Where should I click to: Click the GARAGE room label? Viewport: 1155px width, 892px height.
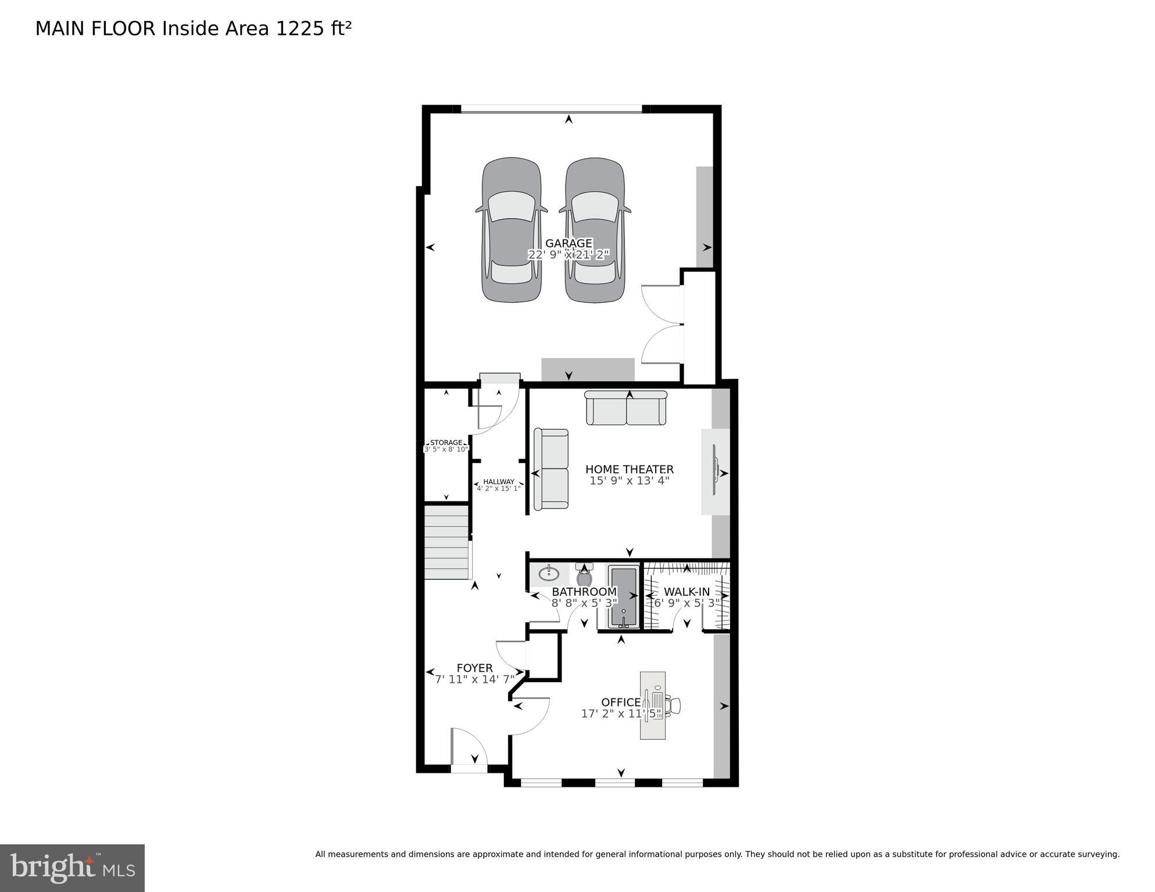(x=568, y=243)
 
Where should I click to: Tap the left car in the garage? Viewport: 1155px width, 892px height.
(x=511, y=230)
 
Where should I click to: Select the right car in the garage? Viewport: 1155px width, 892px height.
(x=594, y=230)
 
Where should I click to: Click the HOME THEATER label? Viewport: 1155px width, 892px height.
(x=629, y=469)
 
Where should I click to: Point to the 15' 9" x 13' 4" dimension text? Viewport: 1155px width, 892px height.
(x=629, y=481)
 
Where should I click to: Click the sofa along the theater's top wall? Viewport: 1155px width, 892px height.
(x=625, y=409)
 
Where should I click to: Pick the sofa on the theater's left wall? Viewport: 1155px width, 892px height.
(x=551, y=468)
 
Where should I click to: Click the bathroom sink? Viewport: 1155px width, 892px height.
(x=549, y=574)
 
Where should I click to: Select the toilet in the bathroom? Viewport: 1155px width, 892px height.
(x=584, y=576)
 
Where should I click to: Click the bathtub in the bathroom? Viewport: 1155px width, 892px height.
(x=623, y=597)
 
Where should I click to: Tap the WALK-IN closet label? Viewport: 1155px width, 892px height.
(x=686, y=592)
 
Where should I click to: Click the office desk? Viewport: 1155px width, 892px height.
(x=652, y=705)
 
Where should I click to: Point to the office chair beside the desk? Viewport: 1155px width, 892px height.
(x=674, y=705)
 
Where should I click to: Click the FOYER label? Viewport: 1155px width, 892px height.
(x=474, y=668)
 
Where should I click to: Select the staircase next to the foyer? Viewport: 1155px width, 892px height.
(x=446, y=542)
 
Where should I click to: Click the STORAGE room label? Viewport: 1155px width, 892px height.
(x=446, y=442)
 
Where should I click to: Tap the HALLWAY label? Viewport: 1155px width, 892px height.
(x=498, y=481)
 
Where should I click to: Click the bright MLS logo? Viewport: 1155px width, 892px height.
(x=72, y=868)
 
